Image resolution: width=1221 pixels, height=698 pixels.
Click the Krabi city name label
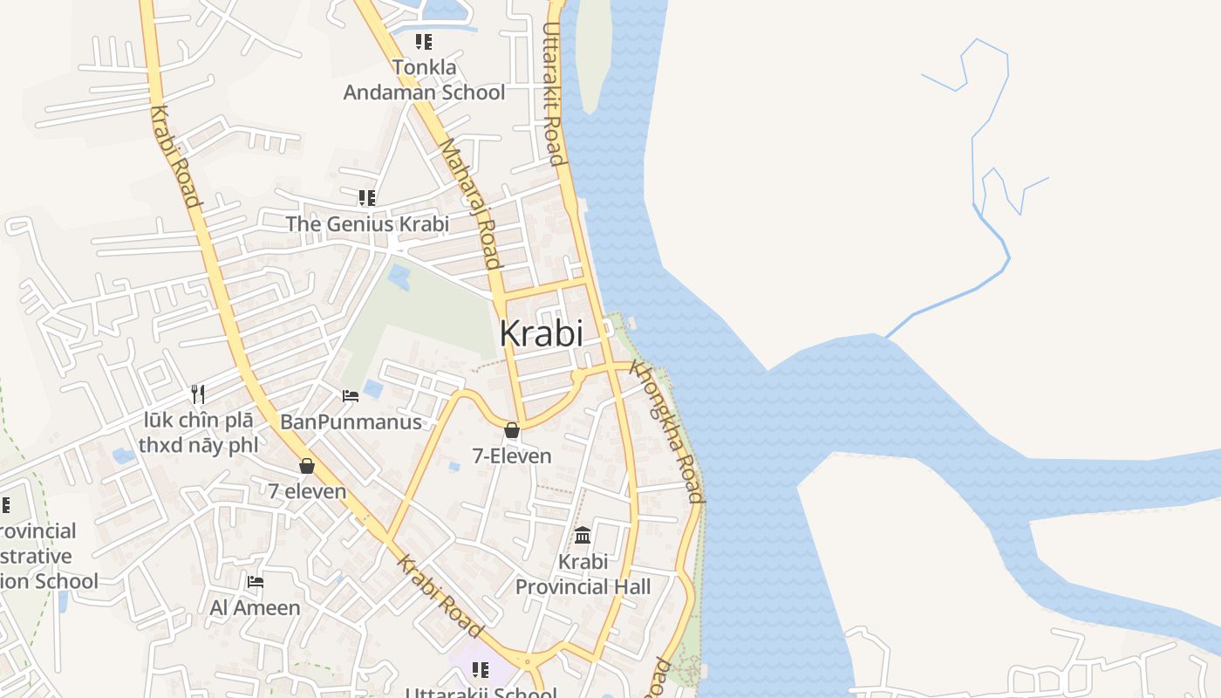point(541,332)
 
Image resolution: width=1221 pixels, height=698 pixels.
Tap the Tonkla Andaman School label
point(424,79)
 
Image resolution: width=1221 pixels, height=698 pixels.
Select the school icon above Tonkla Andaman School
point(424,41)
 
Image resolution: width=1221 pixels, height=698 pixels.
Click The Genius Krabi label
point(367,223)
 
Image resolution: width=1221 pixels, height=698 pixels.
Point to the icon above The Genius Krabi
point(367,198)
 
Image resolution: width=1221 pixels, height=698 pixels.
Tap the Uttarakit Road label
point(553,92)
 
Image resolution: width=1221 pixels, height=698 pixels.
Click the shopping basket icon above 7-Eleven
point(512,430)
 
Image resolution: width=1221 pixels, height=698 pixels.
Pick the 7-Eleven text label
point(512,455)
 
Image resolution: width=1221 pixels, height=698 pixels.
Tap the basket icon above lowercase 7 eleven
point(307,466)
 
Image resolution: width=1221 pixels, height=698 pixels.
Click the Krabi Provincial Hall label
point(583,574)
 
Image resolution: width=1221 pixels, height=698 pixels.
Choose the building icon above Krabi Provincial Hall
point(583,535)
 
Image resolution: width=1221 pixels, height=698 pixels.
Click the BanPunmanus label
point(351,421)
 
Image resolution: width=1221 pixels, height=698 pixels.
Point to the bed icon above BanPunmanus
point(351,396)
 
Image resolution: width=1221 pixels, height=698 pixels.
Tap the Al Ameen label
point(255,607)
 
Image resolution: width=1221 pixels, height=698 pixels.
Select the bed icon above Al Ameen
point(255,581)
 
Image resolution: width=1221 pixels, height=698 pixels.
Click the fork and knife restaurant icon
point(198,394)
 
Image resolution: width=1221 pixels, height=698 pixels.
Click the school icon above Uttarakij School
point(480,669)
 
